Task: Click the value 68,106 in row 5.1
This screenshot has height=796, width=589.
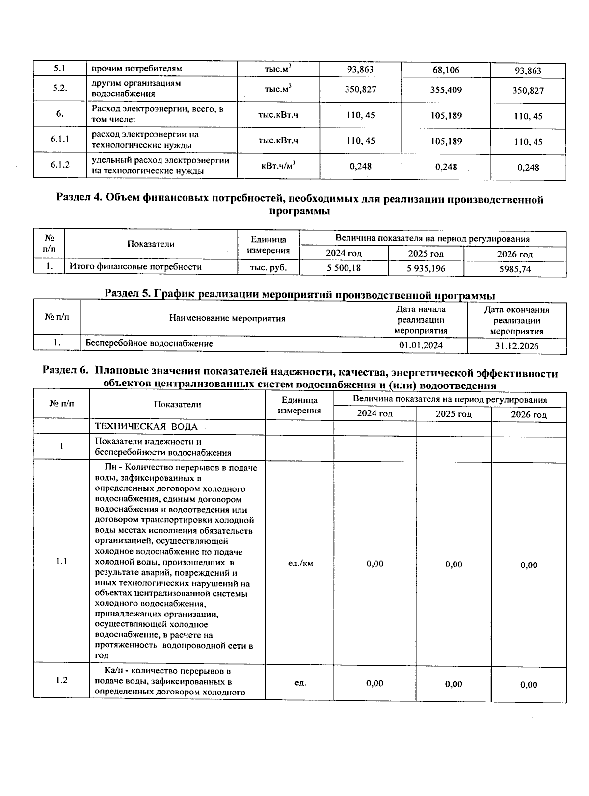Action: click(x=446, y=70)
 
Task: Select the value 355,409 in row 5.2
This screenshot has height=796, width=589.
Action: click(x=446, y=90)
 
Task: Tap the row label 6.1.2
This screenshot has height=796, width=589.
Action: click(x=60, y=165)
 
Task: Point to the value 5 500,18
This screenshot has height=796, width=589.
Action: click(x=344, y=268)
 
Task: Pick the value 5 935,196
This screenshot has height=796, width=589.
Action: click(x=426, y=268)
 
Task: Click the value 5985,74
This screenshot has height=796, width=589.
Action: click(x=514, y=269)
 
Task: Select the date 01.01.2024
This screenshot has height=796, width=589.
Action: click(x=421, y=345)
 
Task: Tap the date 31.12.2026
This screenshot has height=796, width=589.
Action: click(x=516, y=346)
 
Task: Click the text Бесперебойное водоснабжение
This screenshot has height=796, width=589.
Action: click(x=149, y=343)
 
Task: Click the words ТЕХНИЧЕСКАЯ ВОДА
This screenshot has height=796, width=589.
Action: click(x=146, y=427)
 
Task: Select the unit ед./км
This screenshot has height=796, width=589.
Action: click(x=300, y=563)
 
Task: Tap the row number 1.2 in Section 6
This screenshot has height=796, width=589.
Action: click(x=61, y=680)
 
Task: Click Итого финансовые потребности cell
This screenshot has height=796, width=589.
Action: click(x=135, y=267)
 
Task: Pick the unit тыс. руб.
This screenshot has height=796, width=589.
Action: click(x=268, y=267)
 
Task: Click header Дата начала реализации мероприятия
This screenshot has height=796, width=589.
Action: click(x=421, y=320)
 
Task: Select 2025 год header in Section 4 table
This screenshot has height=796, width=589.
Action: click(x=426, y=254)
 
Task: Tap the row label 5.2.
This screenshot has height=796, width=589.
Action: click(x=60, y=88)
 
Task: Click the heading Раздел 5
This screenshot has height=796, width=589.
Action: click(x=299, y=295)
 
